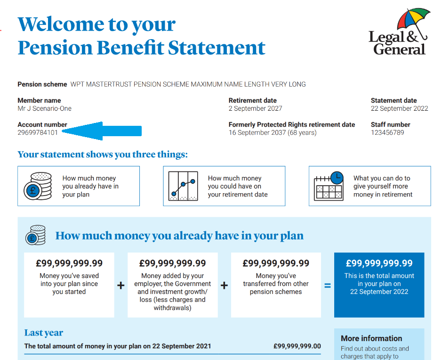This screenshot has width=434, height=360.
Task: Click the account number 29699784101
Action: click(x=38, y=132)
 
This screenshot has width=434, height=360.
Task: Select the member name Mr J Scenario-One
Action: click(x=44, y=108)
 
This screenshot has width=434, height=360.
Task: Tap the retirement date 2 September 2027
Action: click(x=255, y=108)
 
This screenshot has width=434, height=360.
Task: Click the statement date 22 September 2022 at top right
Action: click(x=399, y=108)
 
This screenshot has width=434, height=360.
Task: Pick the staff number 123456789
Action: click(x=387, y=132)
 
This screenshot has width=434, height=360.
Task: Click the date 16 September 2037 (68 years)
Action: click(x=273, y=132)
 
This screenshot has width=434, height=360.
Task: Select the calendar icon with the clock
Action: click(x=328, y=186)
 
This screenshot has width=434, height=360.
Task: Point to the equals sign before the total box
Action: click(x=328, y=286)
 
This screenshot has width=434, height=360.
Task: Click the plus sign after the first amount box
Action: click(x=121, y=286)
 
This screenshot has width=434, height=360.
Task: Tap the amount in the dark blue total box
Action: click(x=379, y=263)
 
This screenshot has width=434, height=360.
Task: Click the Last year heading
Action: click(x=44, y=333)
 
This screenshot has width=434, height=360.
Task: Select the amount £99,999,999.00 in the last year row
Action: click(x=297, y=346)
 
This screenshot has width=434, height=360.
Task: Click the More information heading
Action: click(x=371, y=338)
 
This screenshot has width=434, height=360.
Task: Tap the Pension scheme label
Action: click(x=42, y=84)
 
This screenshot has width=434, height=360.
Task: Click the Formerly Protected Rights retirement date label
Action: click(x=292, y=124)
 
